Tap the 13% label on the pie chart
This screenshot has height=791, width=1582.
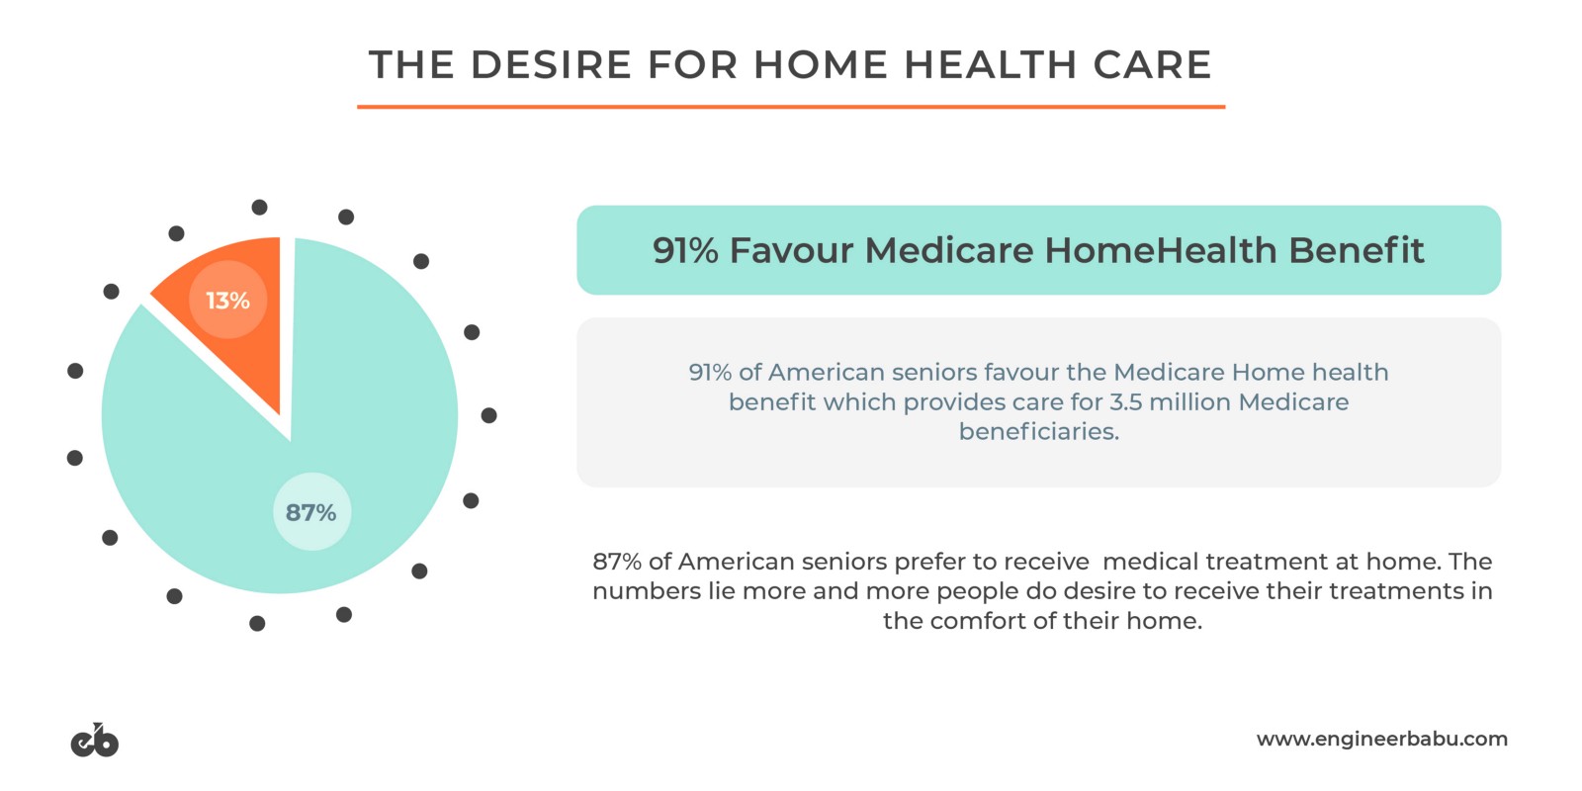[227, 301]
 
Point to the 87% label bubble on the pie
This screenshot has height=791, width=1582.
[311, 512]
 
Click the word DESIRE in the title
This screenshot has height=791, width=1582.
[551, 65]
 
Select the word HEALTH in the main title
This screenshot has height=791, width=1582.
[990, 65]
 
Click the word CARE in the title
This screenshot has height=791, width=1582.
[1153, 65]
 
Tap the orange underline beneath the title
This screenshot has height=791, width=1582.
[791, 107]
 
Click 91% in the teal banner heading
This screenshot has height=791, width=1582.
[685, 250]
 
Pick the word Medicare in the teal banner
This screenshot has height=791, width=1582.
[948, 250]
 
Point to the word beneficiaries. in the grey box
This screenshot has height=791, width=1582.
[1039, 431]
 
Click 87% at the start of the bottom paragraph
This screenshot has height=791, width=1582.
[617, 562]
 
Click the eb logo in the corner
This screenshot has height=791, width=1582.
[95, 741]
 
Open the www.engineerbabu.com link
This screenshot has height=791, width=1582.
[1381, 740]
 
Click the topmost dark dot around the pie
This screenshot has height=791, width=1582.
[259, 207]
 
